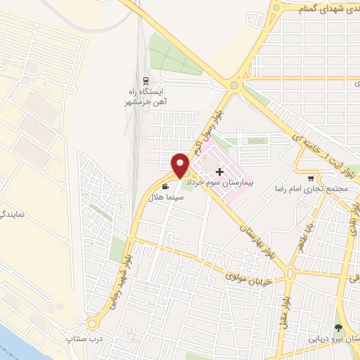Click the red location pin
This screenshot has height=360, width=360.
pos(181,165)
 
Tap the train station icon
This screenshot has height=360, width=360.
pos(146,80)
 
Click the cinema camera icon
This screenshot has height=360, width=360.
pos(165,186)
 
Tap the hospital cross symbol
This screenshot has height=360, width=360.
pos(220,172)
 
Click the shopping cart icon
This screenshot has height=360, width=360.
pos(311,178)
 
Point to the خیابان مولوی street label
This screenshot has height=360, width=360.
pos(249,275)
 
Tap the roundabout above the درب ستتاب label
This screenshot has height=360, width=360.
pos(93,323)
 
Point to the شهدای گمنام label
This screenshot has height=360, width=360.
pos(319,8)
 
